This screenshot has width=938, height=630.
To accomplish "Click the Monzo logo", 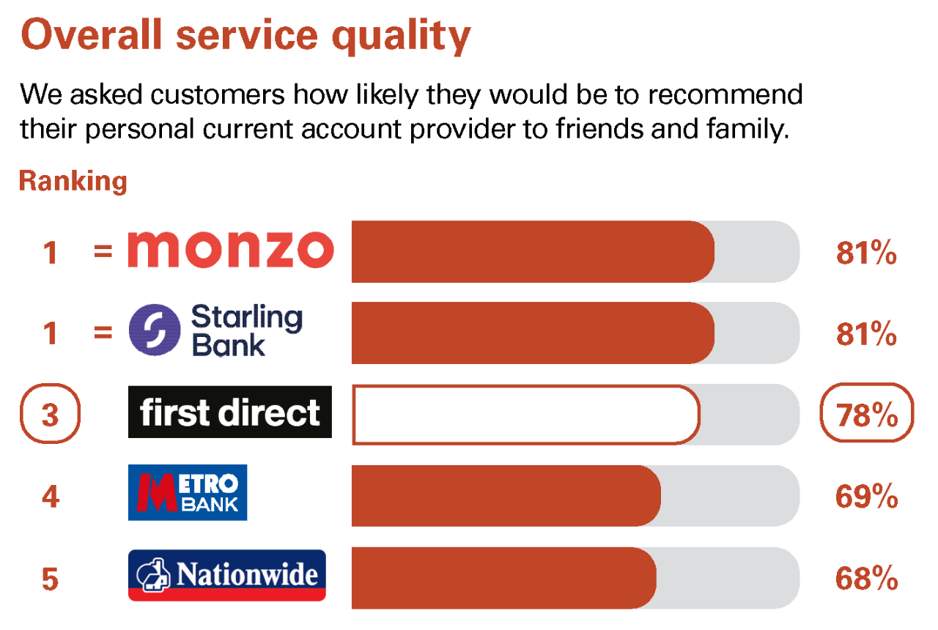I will coord(230,249).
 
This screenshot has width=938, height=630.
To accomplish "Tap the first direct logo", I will coord(230,412).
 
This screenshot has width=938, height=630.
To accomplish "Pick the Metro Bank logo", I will coord(188,492).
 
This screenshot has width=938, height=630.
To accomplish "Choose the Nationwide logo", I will coord(227,575).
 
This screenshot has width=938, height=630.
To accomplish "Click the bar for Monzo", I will coord(533,251).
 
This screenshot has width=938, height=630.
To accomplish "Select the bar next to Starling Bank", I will coord(533,333).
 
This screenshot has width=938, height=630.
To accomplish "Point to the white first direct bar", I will coord(525,415).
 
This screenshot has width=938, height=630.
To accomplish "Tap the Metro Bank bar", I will coord(506,496).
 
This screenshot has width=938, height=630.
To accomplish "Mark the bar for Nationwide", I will coord(503,578).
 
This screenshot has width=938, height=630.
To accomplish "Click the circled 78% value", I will coord(867,415).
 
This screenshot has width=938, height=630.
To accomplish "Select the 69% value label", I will coord(866,497).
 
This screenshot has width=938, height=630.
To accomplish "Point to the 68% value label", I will coord(866,579).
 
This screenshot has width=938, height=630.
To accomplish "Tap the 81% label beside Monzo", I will coord(866,253).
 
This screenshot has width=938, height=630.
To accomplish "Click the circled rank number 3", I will coord(50,415).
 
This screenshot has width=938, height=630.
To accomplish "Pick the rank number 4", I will coord(50,497).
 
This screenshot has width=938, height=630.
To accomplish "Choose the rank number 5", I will coord(50,579).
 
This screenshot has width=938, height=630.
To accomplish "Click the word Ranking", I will coord(73,181).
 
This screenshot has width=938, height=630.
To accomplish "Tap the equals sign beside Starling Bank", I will coord(103,333).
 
